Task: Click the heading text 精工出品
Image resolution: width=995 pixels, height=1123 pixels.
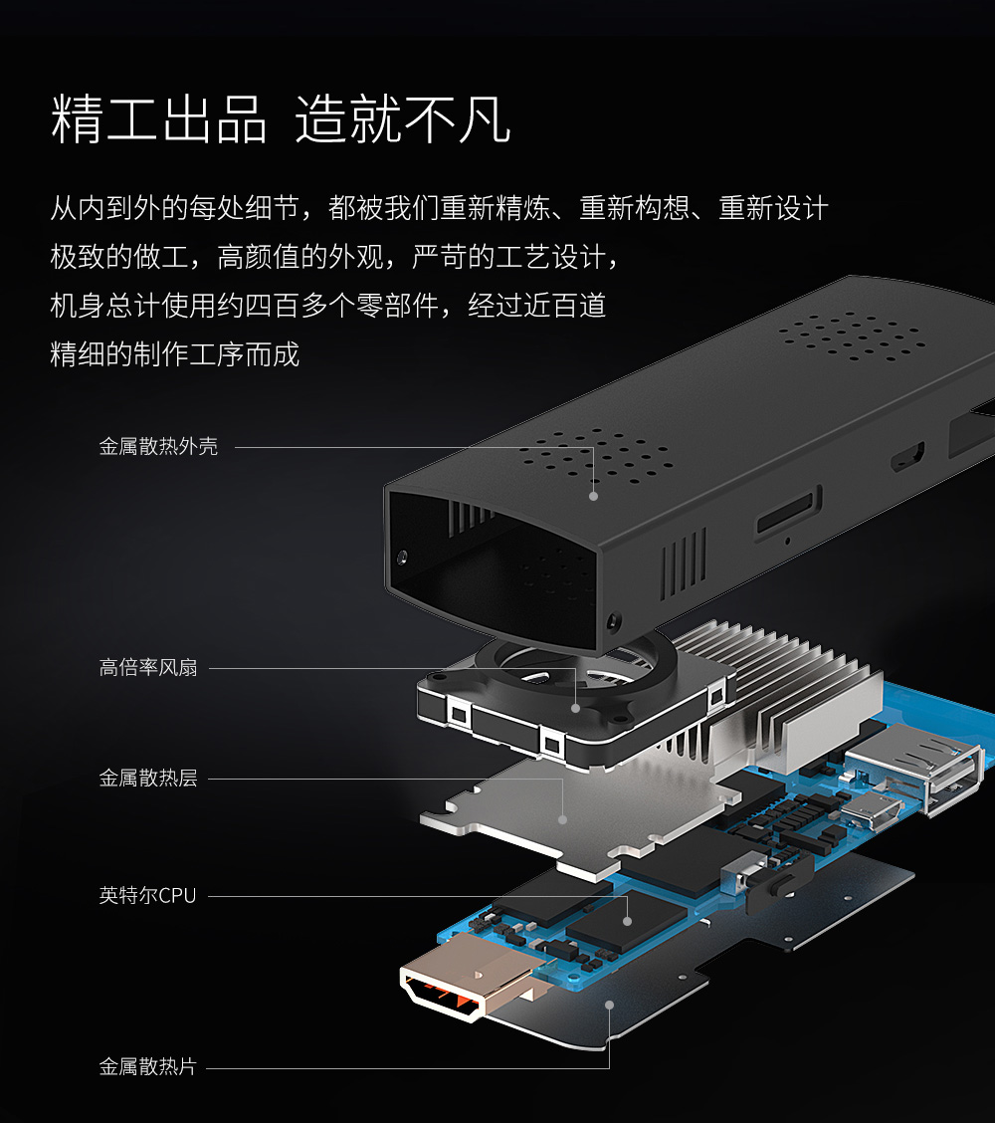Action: coord(159,120)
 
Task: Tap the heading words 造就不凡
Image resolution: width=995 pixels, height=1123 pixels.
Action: coord(403,120)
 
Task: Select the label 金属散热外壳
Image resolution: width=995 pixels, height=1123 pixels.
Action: coord(158,447)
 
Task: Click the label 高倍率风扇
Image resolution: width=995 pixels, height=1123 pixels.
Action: coord(148,668)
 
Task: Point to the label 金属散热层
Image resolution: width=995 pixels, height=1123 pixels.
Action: coord(148,779)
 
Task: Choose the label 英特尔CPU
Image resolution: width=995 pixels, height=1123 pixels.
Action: coord(147,896)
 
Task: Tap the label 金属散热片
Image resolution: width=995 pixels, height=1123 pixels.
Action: coord(148,1067)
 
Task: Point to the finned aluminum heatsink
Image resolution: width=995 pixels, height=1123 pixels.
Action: coord(786,687)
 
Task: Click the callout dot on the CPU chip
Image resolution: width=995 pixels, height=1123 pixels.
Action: coord(627,920)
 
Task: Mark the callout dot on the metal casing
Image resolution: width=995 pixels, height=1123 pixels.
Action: coord(594,495)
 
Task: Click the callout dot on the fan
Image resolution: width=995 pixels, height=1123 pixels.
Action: coord(575,708)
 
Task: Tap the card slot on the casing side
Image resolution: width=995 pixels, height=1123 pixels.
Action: coord(788,513)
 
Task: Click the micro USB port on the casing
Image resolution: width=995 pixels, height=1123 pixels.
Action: coord(906,458)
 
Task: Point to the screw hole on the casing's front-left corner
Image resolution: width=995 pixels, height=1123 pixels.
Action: coord(403,556)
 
